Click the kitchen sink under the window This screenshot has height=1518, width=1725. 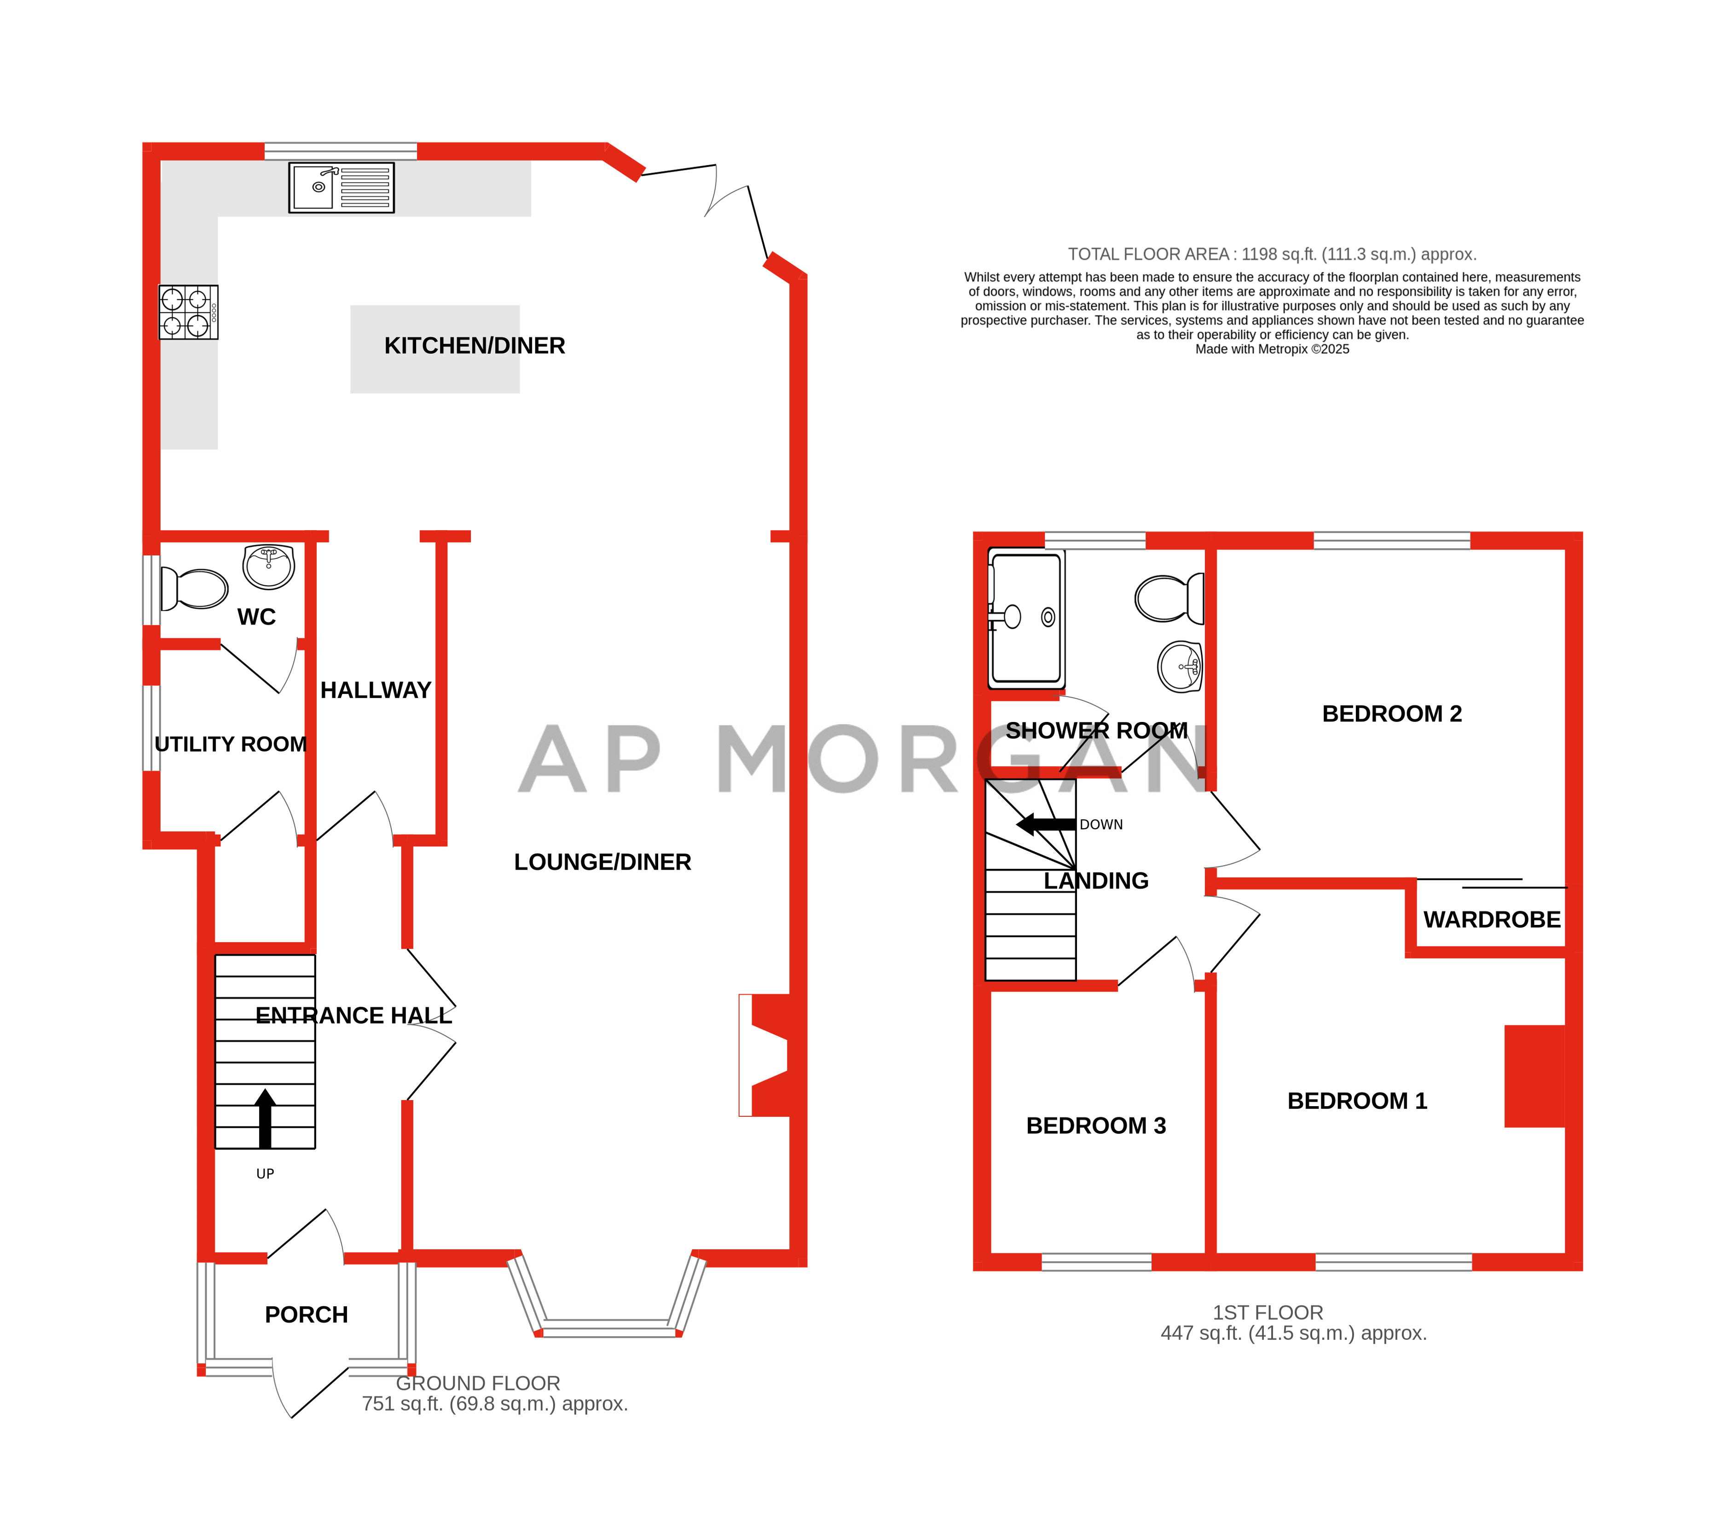point(341,187)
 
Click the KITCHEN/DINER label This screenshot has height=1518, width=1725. point(475,346)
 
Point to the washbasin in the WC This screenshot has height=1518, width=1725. point(268,566)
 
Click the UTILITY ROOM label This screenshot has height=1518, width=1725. point(231,744)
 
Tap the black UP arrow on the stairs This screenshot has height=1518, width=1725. point(265,1118)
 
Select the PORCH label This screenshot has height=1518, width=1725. point(307,1315)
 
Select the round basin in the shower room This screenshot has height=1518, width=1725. point(1180,667)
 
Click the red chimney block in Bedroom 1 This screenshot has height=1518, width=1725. point(1534,1076)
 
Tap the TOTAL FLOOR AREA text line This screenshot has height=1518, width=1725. point(1272,254)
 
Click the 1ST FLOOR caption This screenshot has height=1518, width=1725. point(1268,1313)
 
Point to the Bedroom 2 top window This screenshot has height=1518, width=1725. point(1392,541)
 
